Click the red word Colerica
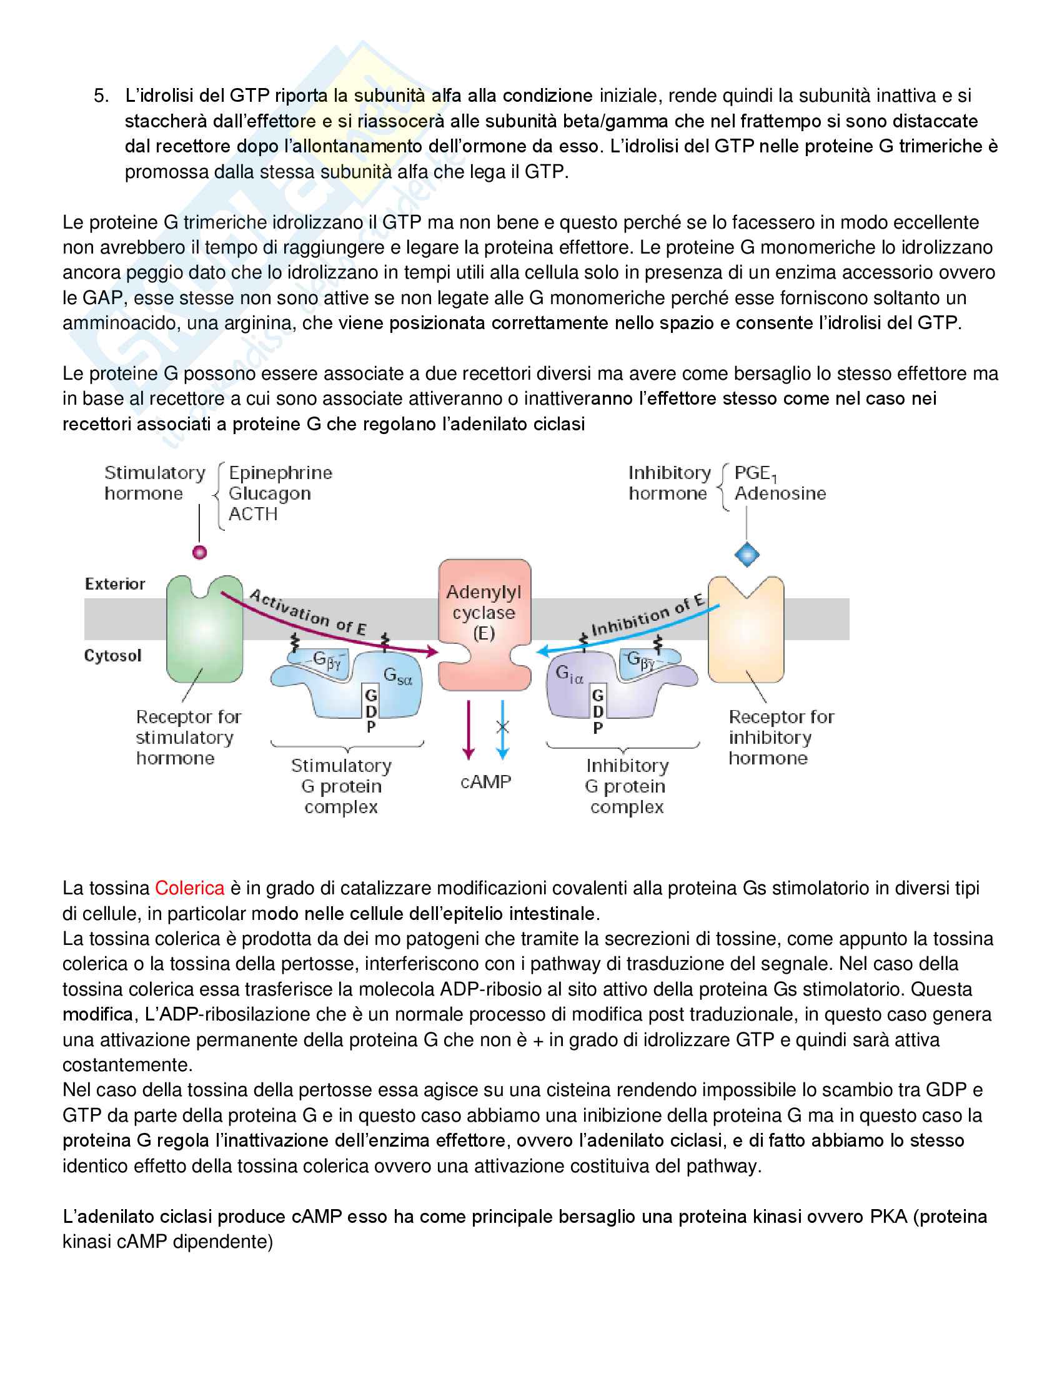(x=189, y=887)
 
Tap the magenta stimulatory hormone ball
(x=199, y=552)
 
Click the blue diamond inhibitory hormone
(x=747, y=555)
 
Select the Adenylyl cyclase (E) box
(x=484, y=623)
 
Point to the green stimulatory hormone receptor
(x=204, y=629)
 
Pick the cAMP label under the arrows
(x=485, y=782)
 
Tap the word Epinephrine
(x=280, y=473)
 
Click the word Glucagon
(x=269, y=494)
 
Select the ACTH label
(x=253, y=515)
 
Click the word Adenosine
(x=780, y=494)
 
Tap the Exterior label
(x=115, y=585)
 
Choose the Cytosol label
(x=113, y=656)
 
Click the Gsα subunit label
(x=397, y=676)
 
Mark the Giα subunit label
(x=569, y=675)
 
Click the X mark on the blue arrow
(x=502, y=727)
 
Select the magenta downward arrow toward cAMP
(x=469, y=729)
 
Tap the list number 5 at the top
(x=101, y=96)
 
